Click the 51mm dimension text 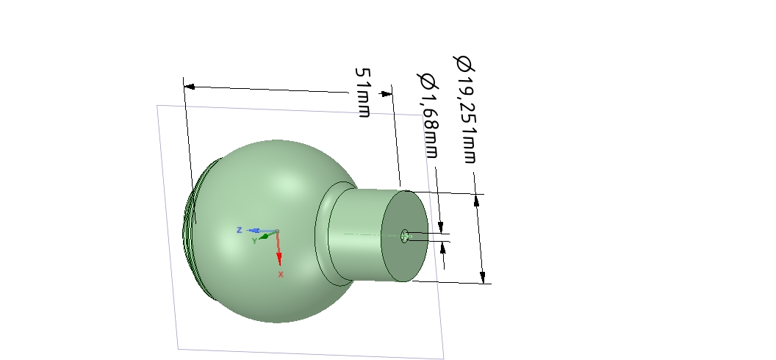click(x=363, y=93)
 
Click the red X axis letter click(x=281, y=274)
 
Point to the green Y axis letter click(x=254, y=240)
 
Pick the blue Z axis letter click(x=239, y=230)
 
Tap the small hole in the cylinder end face click(x=404, y=235)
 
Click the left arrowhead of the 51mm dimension click(x=189, y=87)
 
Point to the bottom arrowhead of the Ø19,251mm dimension click(x=482, y=277)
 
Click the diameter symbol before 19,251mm click(x=463, y=64)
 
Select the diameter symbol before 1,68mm click(x=425, y=79)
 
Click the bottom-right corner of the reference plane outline click(x=443, y=359)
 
